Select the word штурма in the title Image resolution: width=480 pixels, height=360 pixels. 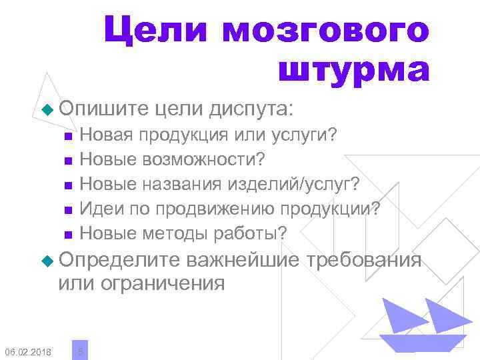353,71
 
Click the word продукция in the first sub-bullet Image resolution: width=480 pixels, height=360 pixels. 178,137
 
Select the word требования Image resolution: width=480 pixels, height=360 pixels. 363,259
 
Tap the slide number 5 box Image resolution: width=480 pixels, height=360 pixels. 80,349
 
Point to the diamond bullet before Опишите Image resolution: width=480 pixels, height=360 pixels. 46,108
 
